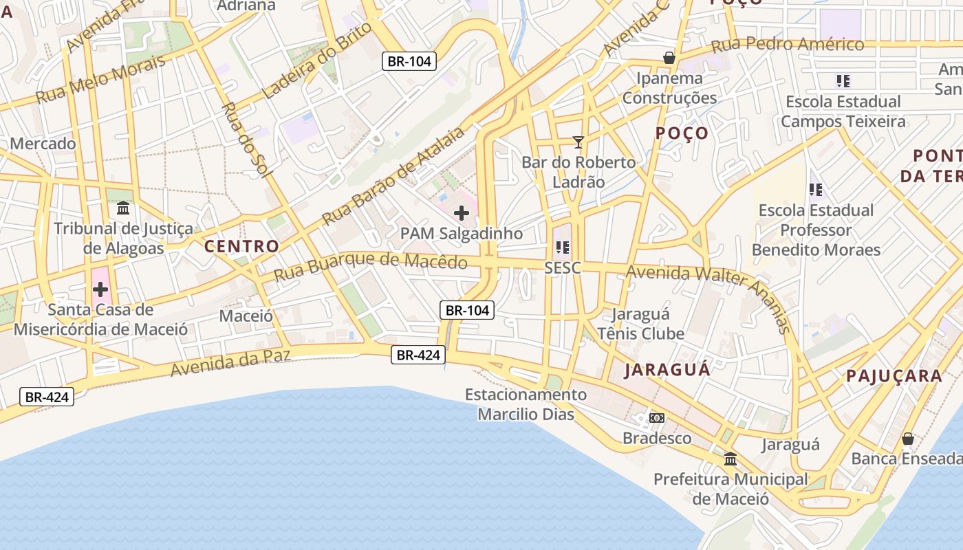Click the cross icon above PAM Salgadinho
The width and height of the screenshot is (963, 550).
point(462,213)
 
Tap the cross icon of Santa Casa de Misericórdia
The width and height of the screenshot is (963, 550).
point(100,289)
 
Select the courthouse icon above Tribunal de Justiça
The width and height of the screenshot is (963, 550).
point(123,208)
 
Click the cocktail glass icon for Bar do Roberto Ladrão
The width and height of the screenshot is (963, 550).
point(578,142)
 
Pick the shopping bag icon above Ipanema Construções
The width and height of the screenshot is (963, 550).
point(669,58)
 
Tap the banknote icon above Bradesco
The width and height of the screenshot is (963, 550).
point(657,418)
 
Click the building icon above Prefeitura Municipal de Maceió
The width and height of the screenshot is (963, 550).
point(731,459)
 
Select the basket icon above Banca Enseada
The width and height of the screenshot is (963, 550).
point(908,438)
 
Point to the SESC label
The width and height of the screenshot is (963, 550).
point(563,267)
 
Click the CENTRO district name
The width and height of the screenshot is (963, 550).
point(242,246)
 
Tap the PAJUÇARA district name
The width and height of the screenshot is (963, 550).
point(894,376)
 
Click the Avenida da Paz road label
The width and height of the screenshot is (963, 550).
point(230,362)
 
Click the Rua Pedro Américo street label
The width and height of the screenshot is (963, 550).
point(788,45)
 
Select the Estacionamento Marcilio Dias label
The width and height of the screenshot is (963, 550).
point(526,404)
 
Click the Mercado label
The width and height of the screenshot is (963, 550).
point(43,144)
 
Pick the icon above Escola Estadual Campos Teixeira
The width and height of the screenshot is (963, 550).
point(843,81)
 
